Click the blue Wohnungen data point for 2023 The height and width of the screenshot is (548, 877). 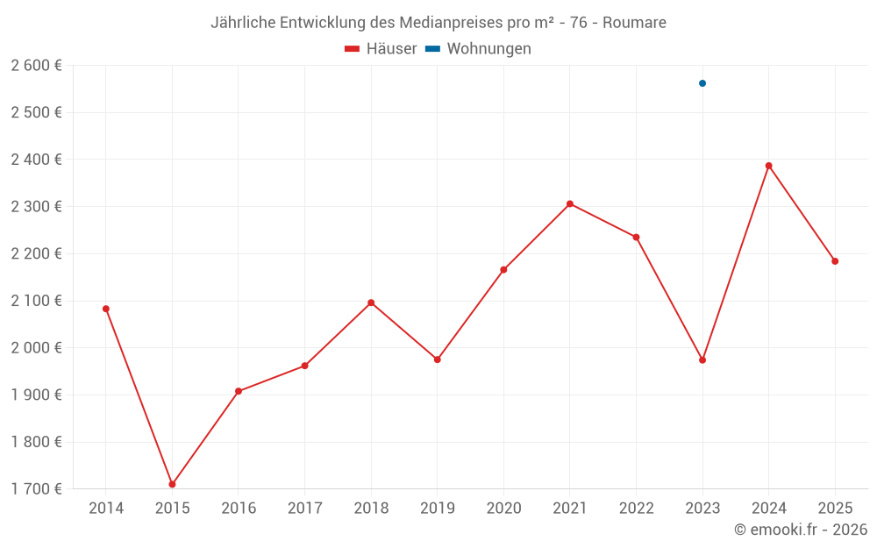point(702,83)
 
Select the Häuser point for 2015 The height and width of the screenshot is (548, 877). point(172,484)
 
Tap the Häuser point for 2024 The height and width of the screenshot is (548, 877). point(769,166)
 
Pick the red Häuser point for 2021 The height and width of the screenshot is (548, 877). point(570,204)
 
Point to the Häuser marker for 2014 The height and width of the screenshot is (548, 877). point(106,309)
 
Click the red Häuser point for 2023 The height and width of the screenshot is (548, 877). point(702,360)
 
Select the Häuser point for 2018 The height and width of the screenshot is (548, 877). point(371,302)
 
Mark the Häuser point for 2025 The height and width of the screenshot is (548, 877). point(835,261)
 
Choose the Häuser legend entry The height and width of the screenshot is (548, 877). point(381,49)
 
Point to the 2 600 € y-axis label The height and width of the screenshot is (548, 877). point(36,66)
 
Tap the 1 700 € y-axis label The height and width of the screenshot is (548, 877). point(36,489)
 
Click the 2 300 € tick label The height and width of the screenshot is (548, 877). point(36,207)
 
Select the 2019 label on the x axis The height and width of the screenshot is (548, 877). point(437,509)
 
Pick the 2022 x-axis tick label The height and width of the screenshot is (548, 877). point(636,509)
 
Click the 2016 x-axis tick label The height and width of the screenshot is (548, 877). point(239,509)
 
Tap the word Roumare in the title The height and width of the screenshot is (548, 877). point(634,23)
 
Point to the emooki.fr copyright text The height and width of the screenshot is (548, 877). point(801,530)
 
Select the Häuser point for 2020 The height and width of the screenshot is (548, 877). point(503,270)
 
